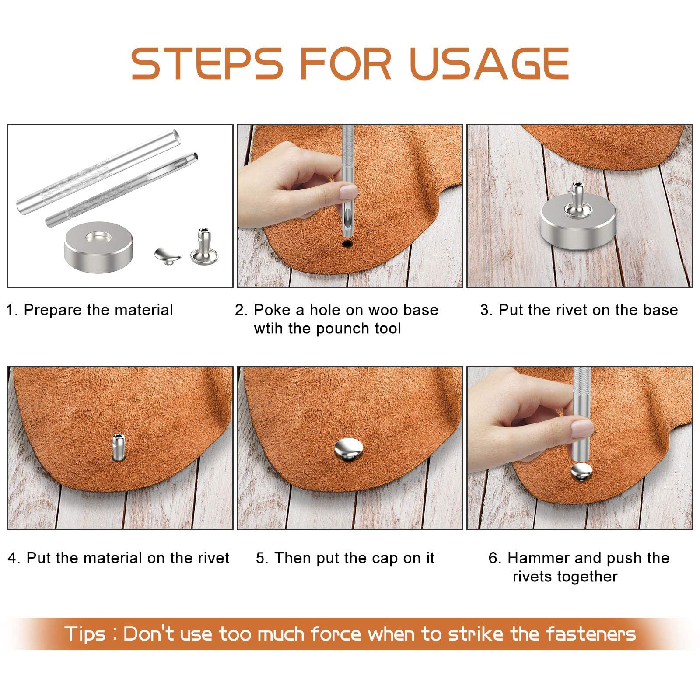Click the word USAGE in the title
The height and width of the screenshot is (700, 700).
(490, 64)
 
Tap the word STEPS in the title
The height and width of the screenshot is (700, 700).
(207, 64)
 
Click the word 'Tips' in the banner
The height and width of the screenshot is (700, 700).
(85, 634)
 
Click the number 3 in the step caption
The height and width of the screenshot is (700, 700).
(484, 310)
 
